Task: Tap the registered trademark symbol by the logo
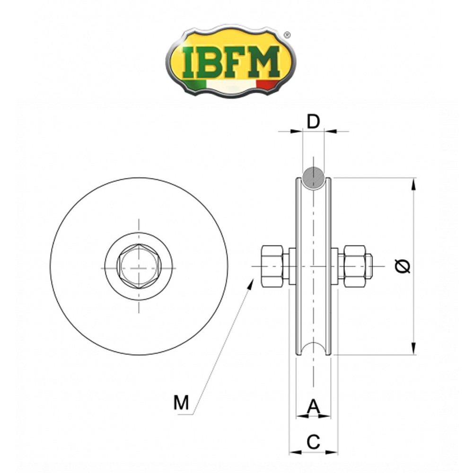(x=287, y=35)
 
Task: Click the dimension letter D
(x=313, y=122)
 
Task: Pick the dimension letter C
(x=313, y=442)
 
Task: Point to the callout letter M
(x=181, y=403)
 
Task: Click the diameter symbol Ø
(x=403, y=266)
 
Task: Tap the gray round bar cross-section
(x=314, y=178)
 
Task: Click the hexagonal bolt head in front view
(x=139, y=267)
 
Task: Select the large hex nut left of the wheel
(x=272, y=266)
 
